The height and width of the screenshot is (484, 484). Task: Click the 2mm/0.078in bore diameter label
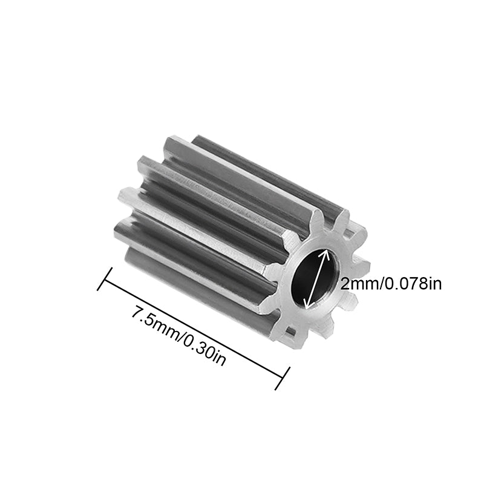tap(391, 284)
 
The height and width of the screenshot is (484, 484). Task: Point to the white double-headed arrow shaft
tap(318, 278)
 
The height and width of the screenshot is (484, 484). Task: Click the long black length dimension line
tap(194, 327)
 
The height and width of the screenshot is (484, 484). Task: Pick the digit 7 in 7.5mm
tap(136, 315)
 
